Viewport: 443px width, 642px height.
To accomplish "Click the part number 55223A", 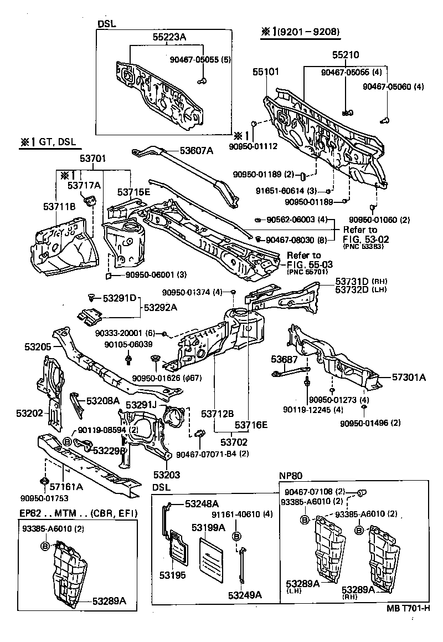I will point(169,37).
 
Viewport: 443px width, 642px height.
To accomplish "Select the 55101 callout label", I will point(266,72).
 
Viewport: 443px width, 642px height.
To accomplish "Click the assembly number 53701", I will point(92,159).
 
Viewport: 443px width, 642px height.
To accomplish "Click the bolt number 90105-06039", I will point(129,344).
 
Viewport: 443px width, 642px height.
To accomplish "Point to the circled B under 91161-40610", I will point(236,536).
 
